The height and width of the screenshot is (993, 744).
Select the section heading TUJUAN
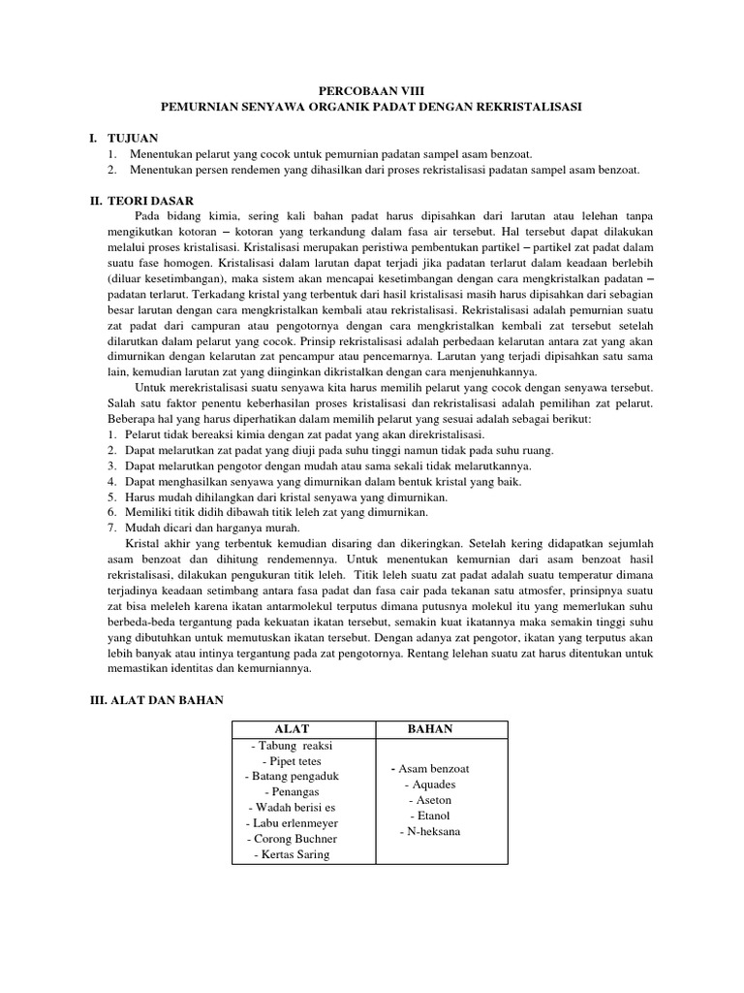point(133,139)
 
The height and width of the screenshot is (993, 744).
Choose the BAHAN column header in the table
point(430,728)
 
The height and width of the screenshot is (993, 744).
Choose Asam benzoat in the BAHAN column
point(430,769)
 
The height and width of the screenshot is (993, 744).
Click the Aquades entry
point(430,785)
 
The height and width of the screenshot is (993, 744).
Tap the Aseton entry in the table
point(430,800)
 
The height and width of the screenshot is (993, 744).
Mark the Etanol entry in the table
point(430,816)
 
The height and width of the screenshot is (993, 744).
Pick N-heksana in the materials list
point(430,832)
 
